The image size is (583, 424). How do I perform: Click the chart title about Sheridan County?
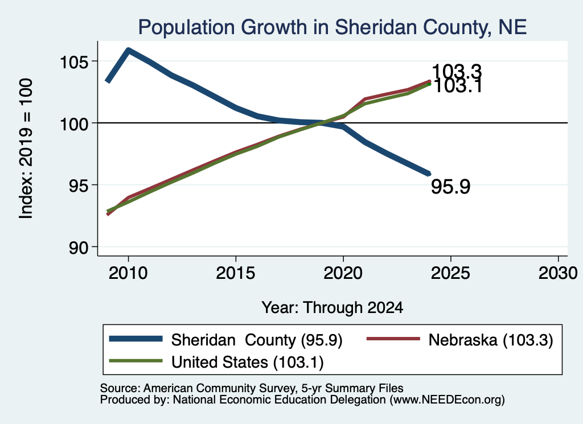tap(332, 27)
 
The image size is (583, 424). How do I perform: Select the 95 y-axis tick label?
tap(79, 185)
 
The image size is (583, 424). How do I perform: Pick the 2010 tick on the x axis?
tap(128, 273)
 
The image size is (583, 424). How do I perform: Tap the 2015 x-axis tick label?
tap(235, 273)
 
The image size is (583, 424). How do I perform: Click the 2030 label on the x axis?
tap(558, 273)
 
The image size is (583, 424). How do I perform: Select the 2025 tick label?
tap(450, 273)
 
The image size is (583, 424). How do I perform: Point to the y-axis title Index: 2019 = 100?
tap(26, 149)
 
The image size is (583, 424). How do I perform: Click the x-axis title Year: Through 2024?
tap(332, 308)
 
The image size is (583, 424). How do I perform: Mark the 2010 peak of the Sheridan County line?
tap(128, 50)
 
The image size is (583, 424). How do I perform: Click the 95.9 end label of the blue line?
tap(451, 187)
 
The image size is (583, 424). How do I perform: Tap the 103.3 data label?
tap(457, 71)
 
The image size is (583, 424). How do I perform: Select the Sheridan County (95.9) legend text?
tap(257, 340)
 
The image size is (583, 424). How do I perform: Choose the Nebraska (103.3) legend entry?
tap(460, 340)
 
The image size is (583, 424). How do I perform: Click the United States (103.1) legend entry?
tap(216, 362)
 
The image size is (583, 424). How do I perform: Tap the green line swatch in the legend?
tap(136, 361)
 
